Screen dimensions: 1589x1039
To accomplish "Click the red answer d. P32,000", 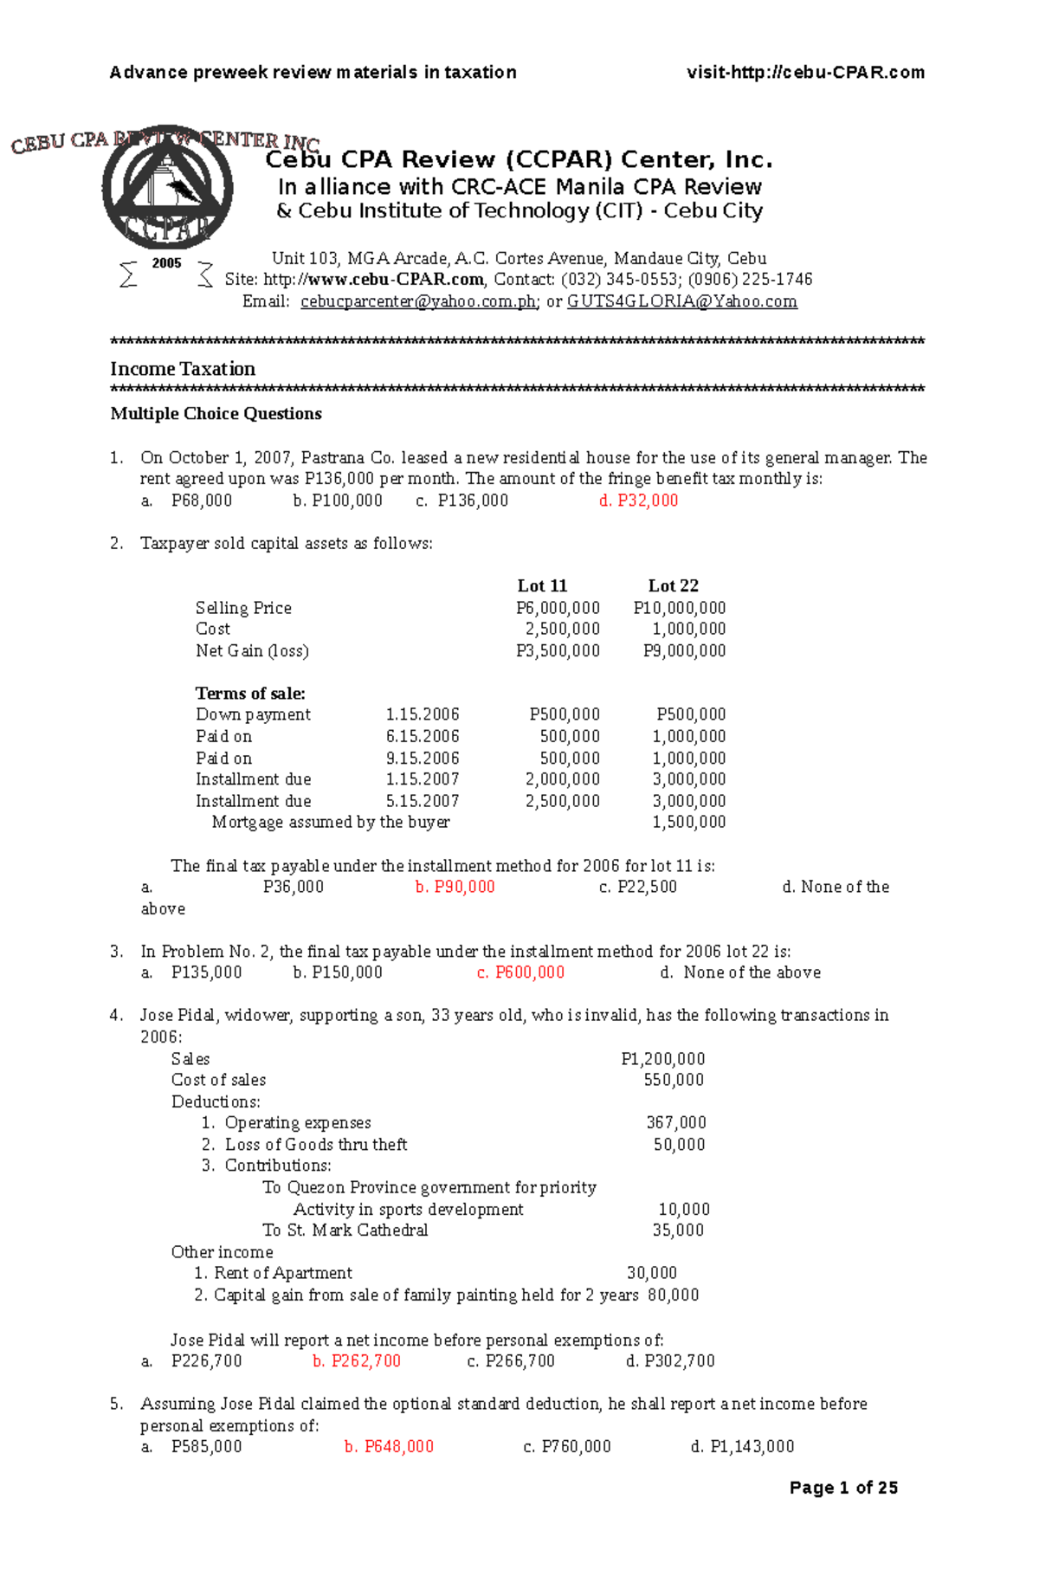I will click(638, 501).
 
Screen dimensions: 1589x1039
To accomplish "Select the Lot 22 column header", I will click(673, 586).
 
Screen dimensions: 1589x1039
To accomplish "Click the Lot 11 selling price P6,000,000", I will click(558, 608).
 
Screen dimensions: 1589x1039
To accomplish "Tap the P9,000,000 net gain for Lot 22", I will click(684, 651).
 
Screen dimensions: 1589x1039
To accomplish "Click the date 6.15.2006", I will click(423, 737).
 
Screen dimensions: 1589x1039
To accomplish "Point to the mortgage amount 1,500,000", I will click(688, 823).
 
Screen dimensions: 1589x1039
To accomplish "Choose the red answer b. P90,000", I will click(455, 887).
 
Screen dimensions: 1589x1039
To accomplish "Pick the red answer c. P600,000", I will click(520, 972).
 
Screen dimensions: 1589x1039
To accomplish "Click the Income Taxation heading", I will click(183, 369).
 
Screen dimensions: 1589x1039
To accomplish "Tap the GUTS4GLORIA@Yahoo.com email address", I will click(681, 301).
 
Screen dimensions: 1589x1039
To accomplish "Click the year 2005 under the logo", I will click(166, 263).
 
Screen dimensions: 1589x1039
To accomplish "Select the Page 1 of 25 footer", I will click(843, 1488).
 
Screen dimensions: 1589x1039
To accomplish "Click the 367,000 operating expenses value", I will click(676, 1123).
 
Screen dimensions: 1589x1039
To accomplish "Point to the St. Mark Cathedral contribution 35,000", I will click(678, 1231).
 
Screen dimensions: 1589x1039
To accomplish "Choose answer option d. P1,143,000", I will click(742, 1447).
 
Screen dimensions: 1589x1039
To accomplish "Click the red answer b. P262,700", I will click(357, 1361).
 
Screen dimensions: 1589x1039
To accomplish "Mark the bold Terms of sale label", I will click(250, 694).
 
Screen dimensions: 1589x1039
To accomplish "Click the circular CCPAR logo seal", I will click(168, 187).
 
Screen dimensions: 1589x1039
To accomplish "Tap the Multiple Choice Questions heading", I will click(216, 414).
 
